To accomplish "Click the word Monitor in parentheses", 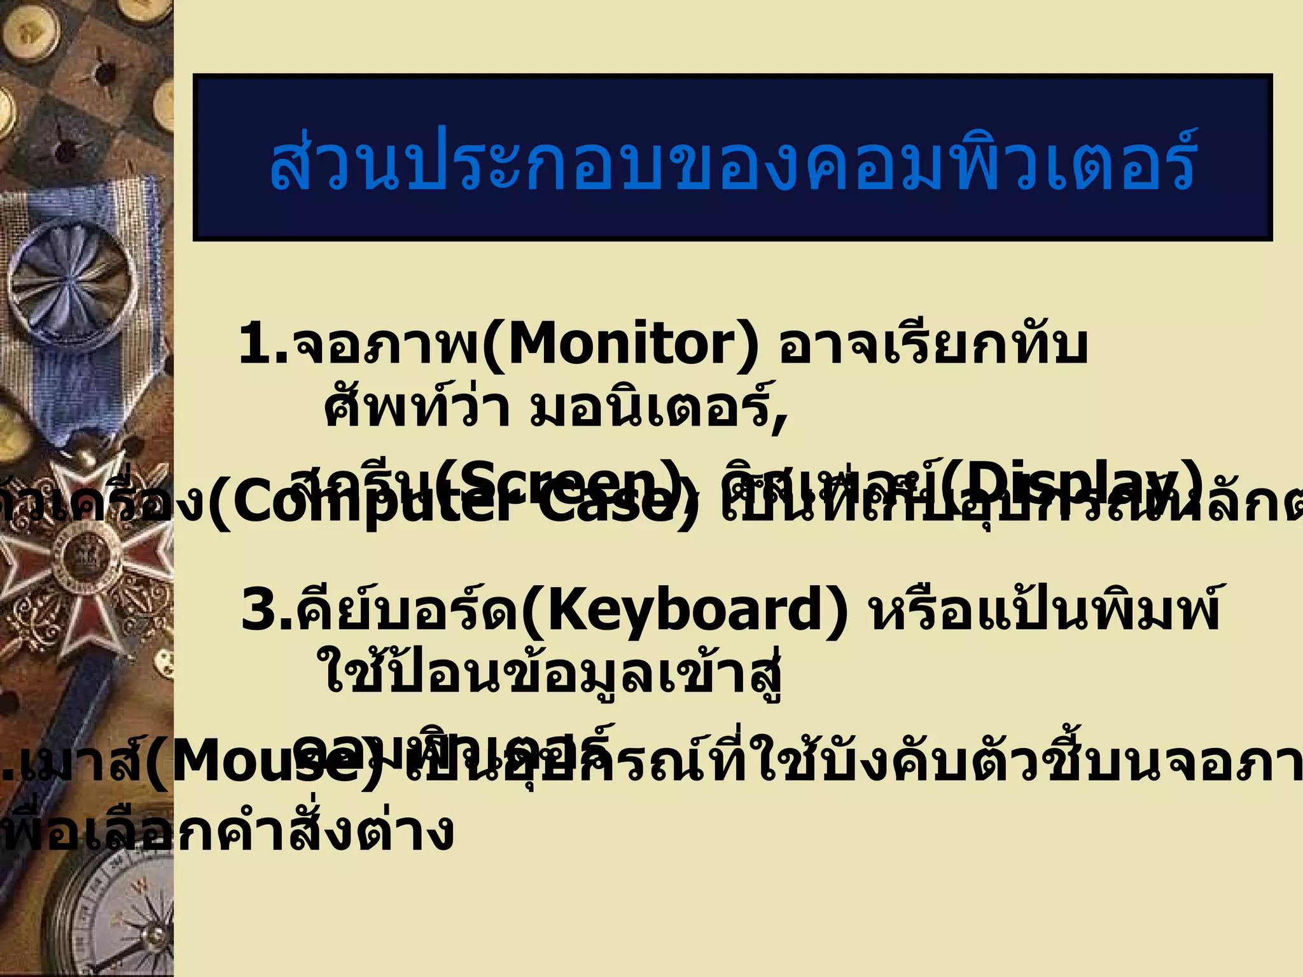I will coord(621,345).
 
